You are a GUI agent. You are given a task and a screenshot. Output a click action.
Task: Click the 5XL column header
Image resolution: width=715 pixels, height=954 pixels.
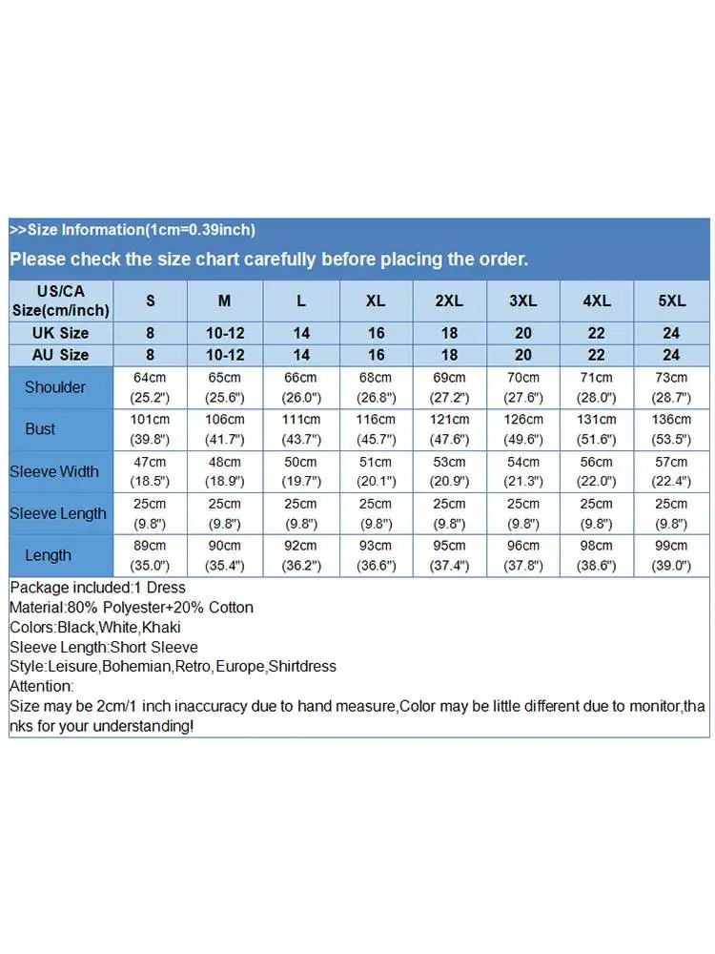pyautogui.click(x=671, y=301)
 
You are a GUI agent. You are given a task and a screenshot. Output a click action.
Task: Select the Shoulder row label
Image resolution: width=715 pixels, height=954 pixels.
pyautogui.click(x=54, y=387)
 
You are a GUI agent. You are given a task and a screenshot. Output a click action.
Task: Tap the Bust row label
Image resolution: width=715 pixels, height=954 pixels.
pyautogui.click(x=40, y=429)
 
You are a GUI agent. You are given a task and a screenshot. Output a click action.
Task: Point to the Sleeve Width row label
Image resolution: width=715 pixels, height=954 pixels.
pyautogui.click(x=54, y=471)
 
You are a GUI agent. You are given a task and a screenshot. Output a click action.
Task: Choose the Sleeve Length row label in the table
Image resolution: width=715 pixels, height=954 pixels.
pyautogui.click(x=58, y=513)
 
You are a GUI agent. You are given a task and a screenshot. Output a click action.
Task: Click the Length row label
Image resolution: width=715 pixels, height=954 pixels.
pyautogui.click(x=48, y=555)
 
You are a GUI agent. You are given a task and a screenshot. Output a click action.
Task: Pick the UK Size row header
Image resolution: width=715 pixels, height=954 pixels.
pyautogui.click(x=60, y=333)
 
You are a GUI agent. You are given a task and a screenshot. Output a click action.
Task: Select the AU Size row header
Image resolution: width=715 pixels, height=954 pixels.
pyautogui.click(x=60, y=354)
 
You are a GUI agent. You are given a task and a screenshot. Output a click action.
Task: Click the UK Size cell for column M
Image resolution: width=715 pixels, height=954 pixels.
pyautogui.click(x=224, y=333)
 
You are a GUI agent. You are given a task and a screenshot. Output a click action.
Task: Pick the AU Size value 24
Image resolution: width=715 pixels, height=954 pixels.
pyautogui.click(x=671, y=354)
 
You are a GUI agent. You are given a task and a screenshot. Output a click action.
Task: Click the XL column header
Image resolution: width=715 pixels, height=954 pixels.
pyautogui.click(x=376, y=301)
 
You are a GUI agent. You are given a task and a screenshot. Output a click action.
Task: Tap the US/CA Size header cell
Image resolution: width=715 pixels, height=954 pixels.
pyautogui.click(x=60, y=301)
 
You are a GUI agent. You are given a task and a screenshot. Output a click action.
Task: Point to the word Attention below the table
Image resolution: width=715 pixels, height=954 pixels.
pyautogui.click(x=40, y=686)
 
